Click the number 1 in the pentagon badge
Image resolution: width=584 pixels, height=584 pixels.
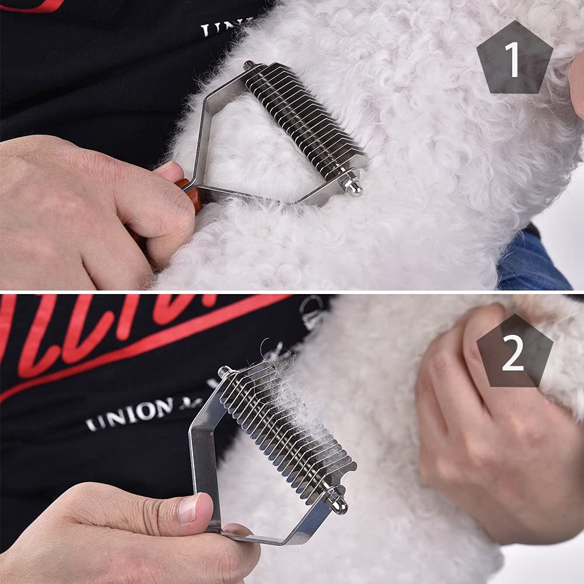513,60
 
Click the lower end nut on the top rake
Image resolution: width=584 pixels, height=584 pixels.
352,186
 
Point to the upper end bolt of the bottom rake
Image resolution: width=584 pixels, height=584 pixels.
225,372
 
